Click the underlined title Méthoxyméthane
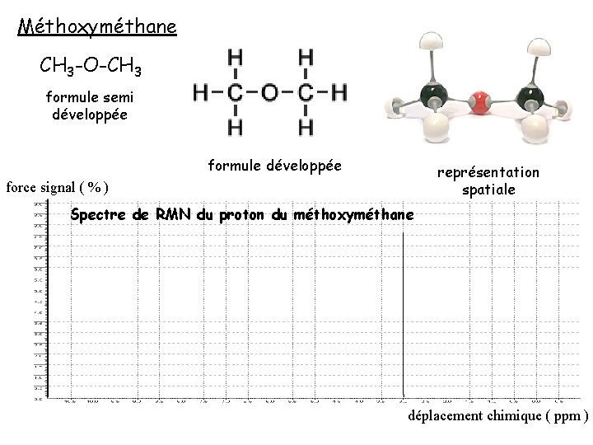(97, 27)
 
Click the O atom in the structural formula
(269, 91)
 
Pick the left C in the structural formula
(235, 91)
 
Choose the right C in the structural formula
(306, 91)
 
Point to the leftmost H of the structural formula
(200, 91)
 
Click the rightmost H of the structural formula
(339, 91)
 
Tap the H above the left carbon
(235, 57)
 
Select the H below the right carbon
(306, 127)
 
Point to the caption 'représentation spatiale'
(488, 181)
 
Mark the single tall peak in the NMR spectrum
(402, 313)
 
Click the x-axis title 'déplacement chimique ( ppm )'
(497, 416)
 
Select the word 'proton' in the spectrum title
(240, 215)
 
